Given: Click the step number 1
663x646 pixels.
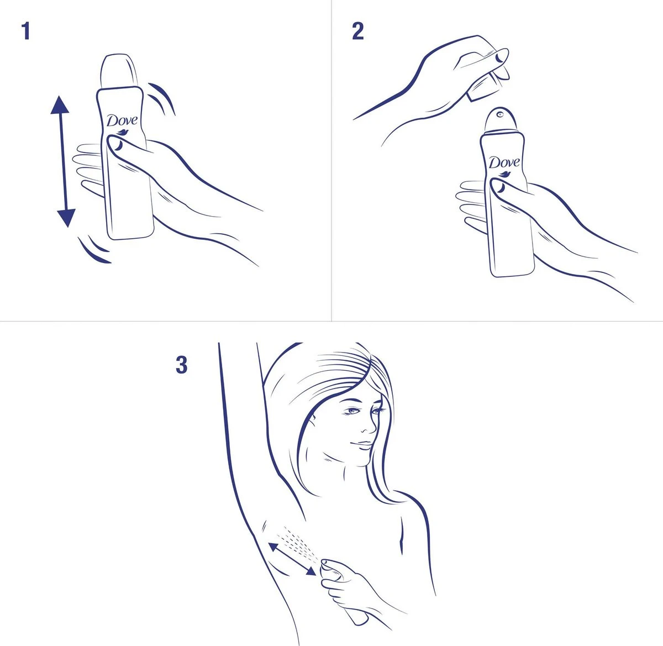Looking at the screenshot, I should click(x=25, y=31).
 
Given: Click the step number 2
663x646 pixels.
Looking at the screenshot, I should click(x=357, y=31).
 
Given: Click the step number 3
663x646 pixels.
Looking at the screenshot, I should click(x=181, y=365).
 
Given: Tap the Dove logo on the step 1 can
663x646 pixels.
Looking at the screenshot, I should click(x=122, y=121).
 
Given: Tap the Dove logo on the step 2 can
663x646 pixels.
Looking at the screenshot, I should click(x=503, y=163).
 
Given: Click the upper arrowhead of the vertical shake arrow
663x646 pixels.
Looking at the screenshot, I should click(x=60, y=105).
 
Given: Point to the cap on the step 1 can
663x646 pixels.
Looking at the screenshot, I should click(x=118, y=71).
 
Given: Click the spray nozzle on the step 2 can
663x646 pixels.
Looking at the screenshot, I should click(x=499, y=115).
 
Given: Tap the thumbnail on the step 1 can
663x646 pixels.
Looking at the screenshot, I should click(x=117, y=146).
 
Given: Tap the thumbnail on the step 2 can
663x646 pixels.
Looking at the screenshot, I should click(x=499, y=188).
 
